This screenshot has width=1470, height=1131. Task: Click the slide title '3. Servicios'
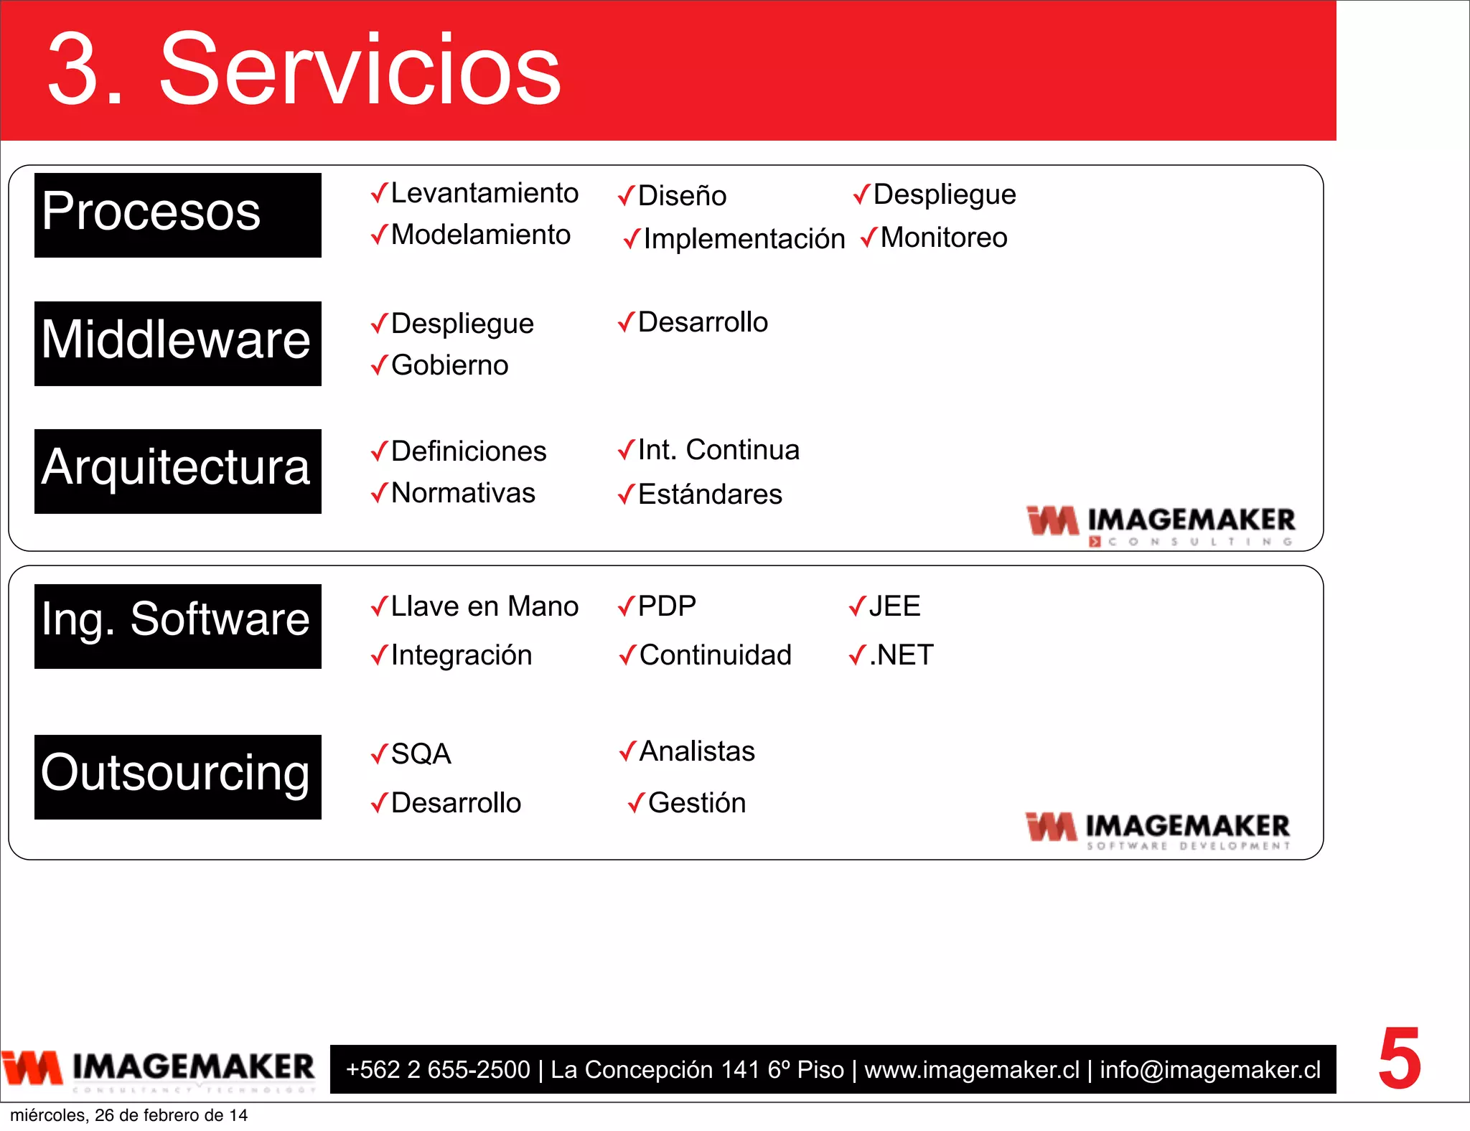coord(304,70)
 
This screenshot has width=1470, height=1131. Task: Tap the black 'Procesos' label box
coord(177,215)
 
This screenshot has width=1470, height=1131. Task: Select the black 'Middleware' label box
coord(177,343)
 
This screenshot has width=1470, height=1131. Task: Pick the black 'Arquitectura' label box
coord(177,471)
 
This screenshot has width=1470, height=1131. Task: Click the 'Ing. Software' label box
coord(177,626)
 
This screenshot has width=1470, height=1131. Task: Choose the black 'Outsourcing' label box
coord(177,776)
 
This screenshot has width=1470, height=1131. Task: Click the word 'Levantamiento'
coord(484,193)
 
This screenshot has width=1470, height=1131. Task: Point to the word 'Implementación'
coord(744,239)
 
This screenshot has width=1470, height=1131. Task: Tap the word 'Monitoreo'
coord(943,238)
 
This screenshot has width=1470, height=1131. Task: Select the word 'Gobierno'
coord(449,365)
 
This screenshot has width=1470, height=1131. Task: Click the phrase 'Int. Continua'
coord(718,450)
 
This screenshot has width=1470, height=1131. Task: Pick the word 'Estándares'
coord(709,494)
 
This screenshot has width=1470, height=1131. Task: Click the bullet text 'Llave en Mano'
coord(484,606)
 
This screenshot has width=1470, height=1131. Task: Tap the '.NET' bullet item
coord(901,655)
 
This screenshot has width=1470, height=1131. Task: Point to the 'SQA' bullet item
coord(421,754)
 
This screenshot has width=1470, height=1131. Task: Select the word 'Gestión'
coord(696,803)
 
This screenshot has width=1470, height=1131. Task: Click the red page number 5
coord(1399,1059)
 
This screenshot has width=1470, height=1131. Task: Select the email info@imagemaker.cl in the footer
coord(1210,1070)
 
